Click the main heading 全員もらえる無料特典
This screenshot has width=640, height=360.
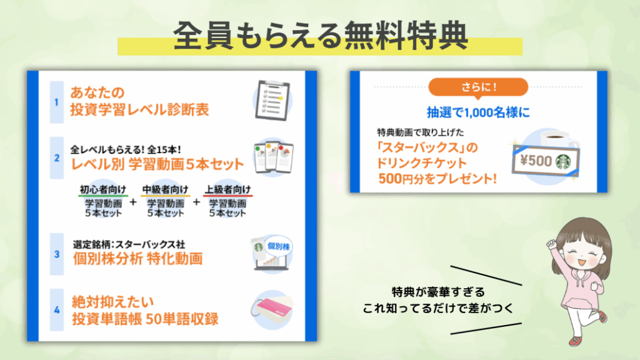coord(320,36)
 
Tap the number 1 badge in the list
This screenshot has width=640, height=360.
coord(57,102)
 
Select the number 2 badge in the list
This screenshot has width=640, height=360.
coord(57,158)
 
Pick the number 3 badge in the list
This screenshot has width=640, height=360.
coord(57,254)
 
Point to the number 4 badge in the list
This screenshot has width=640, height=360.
coord(57,310)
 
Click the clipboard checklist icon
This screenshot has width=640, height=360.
coord(272,101)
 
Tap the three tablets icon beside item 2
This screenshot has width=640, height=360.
coord(274,157)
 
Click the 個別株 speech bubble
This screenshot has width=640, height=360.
coord(279,246)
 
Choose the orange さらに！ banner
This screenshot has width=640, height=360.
coord(478,87)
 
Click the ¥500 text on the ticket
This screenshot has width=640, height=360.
coord(536,161)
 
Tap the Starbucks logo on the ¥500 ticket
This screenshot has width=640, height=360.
coord(563,162)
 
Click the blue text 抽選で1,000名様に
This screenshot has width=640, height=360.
coord(478,112)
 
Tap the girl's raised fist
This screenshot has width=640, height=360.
coord(552,244)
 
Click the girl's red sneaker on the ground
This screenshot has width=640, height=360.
coord(575,341)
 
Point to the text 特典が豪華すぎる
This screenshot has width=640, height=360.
coord(438,292)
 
